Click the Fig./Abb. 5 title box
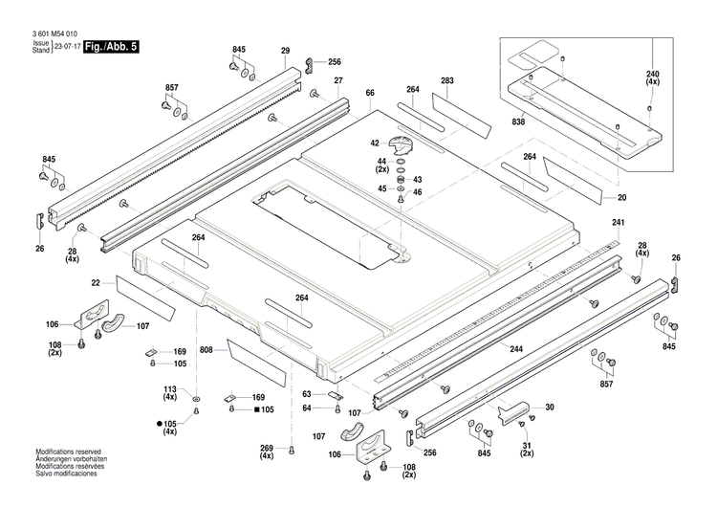pos(111,46)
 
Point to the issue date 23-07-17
pos(67,46)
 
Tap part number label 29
pos(285,50)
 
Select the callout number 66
pos(369,92)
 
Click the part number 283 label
pos(446,81)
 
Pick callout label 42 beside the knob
pos(376,143)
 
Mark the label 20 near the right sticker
pos(621,198)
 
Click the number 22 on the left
pos(96,282)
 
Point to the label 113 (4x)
pos(170,394)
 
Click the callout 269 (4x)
pos(267,452)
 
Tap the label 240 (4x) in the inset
pos(652,79)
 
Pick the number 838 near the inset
pos(519,122)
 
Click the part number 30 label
pos(549,408)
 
